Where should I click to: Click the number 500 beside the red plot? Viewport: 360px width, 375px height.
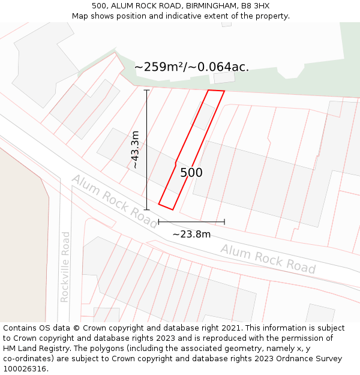pos(191,173)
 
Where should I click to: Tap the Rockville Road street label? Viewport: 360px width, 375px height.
pos(65,267)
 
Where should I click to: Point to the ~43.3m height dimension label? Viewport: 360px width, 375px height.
pos(136,150)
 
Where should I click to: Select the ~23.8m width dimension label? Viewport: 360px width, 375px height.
pos(191,234)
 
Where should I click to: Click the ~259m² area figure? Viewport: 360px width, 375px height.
pos(157,67)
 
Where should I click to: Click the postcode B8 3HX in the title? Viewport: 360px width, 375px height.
pos(254,6)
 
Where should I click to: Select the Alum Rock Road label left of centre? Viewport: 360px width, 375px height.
pos(114,201)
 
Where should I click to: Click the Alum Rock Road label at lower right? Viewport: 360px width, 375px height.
pos(268,259)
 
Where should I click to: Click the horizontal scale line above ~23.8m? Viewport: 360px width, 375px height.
pos(191,222)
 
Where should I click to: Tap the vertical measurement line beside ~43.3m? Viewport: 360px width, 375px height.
pos(146,150)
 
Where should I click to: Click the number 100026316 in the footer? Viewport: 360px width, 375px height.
pos(25,369)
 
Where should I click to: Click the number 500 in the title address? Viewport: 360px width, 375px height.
pos(99,6)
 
